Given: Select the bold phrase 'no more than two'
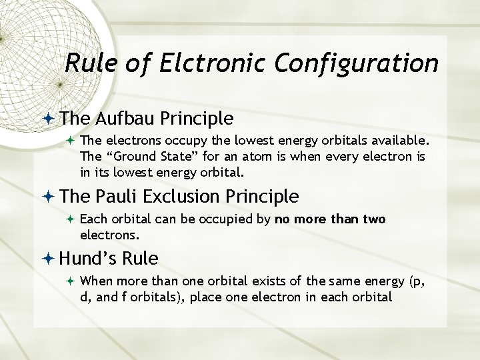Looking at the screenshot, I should [x=330, y=219].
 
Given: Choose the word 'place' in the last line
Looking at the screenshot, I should [x=205, y=297].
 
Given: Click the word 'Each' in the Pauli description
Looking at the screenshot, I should [x=93, y=219].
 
